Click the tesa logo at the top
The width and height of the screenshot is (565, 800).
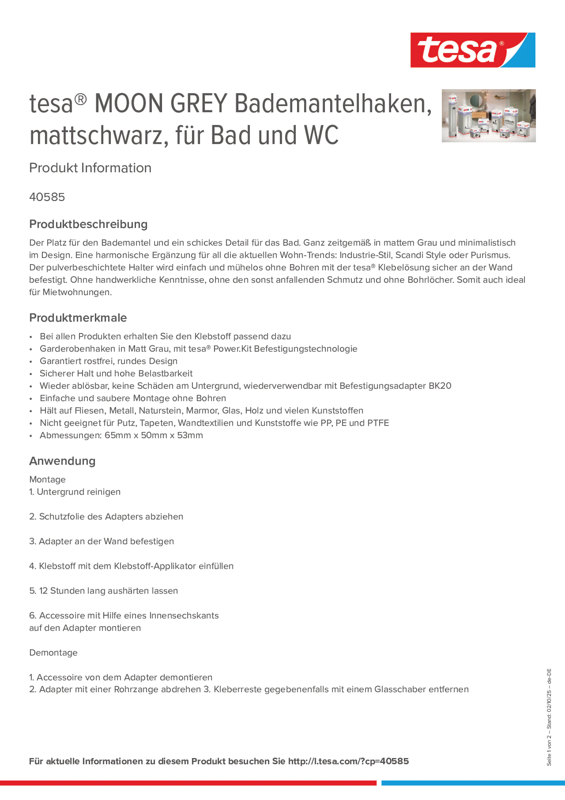[472, 50]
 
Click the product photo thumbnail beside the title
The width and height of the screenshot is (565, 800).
[488, 116]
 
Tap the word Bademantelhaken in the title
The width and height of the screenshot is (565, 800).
[333, 104]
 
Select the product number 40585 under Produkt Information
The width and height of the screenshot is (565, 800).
[47, 197]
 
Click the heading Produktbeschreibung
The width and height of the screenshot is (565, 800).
[88, 224]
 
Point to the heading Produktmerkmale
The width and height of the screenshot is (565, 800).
[78, 317]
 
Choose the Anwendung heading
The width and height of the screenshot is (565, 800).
[62, 461]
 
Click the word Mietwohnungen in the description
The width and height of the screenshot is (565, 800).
[77, 292]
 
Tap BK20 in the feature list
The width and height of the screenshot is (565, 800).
[440, 386]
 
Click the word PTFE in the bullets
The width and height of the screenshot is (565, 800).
[378, 423]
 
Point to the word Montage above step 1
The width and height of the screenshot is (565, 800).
[47, 480]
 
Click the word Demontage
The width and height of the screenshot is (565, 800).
[53, 653]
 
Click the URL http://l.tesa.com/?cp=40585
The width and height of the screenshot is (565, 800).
[348, 761]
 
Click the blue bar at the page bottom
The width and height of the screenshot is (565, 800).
[473, 783]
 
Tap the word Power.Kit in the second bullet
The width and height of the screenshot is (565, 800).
[232, 349]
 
